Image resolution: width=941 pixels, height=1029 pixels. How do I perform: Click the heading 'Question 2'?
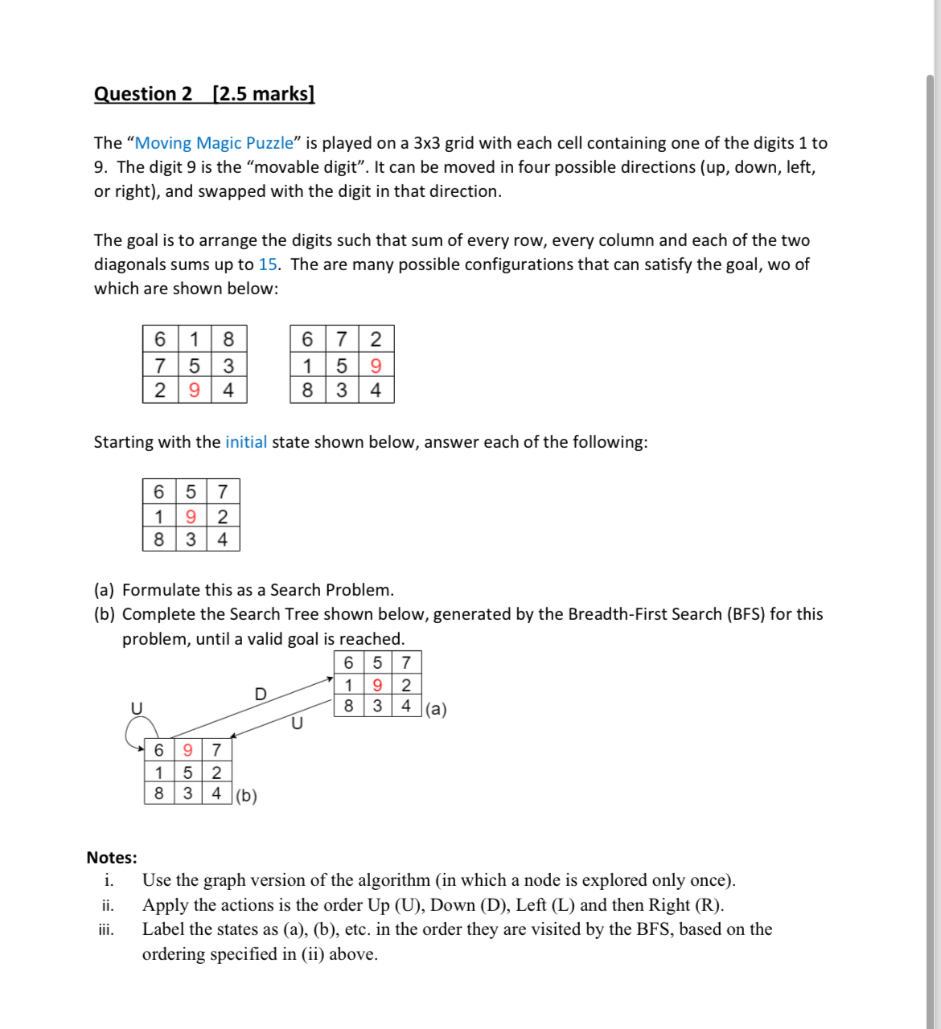click(x=143, y=94)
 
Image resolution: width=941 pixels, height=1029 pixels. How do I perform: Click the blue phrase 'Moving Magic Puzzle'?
click(x=214, y=143)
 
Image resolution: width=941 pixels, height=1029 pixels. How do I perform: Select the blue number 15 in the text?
click(x=268, y=264)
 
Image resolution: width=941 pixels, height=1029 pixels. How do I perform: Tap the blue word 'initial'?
click(x=245, y=442)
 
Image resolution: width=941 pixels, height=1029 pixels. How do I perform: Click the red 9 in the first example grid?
click(x=194, y=391)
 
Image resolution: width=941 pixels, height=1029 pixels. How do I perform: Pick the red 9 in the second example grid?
click(x=376, y=366)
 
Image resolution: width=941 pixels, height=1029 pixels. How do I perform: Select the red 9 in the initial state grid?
click(x=191, y=516)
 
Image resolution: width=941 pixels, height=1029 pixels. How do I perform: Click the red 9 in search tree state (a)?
click(x=377, y=686)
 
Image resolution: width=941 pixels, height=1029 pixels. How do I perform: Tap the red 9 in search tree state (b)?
click(x=187, y=750)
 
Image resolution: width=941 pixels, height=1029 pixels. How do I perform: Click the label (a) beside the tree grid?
click(x=436, y=709)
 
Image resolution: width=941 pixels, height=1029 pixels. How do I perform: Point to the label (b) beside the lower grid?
click(x=246, y=796)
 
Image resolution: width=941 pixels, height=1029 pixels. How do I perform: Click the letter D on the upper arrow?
click(x=260, y=694)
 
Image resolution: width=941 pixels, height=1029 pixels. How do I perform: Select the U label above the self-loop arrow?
click(x=137, y=707)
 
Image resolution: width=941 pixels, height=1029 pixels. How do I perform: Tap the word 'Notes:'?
click(x=112, y=858)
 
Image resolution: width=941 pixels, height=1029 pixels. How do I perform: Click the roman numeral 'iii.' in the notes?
click(x=106, y=930)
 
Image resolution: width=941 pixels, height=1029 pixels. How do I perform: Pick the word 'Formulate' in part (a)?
click(x=159, y=590)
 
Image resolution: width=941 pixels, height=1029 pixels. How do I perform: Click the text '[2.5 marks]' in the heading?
click(x=263, y=94)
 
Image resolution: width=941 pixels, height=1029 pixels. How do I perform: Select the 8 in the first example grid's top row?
click(x=228, y=339)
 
